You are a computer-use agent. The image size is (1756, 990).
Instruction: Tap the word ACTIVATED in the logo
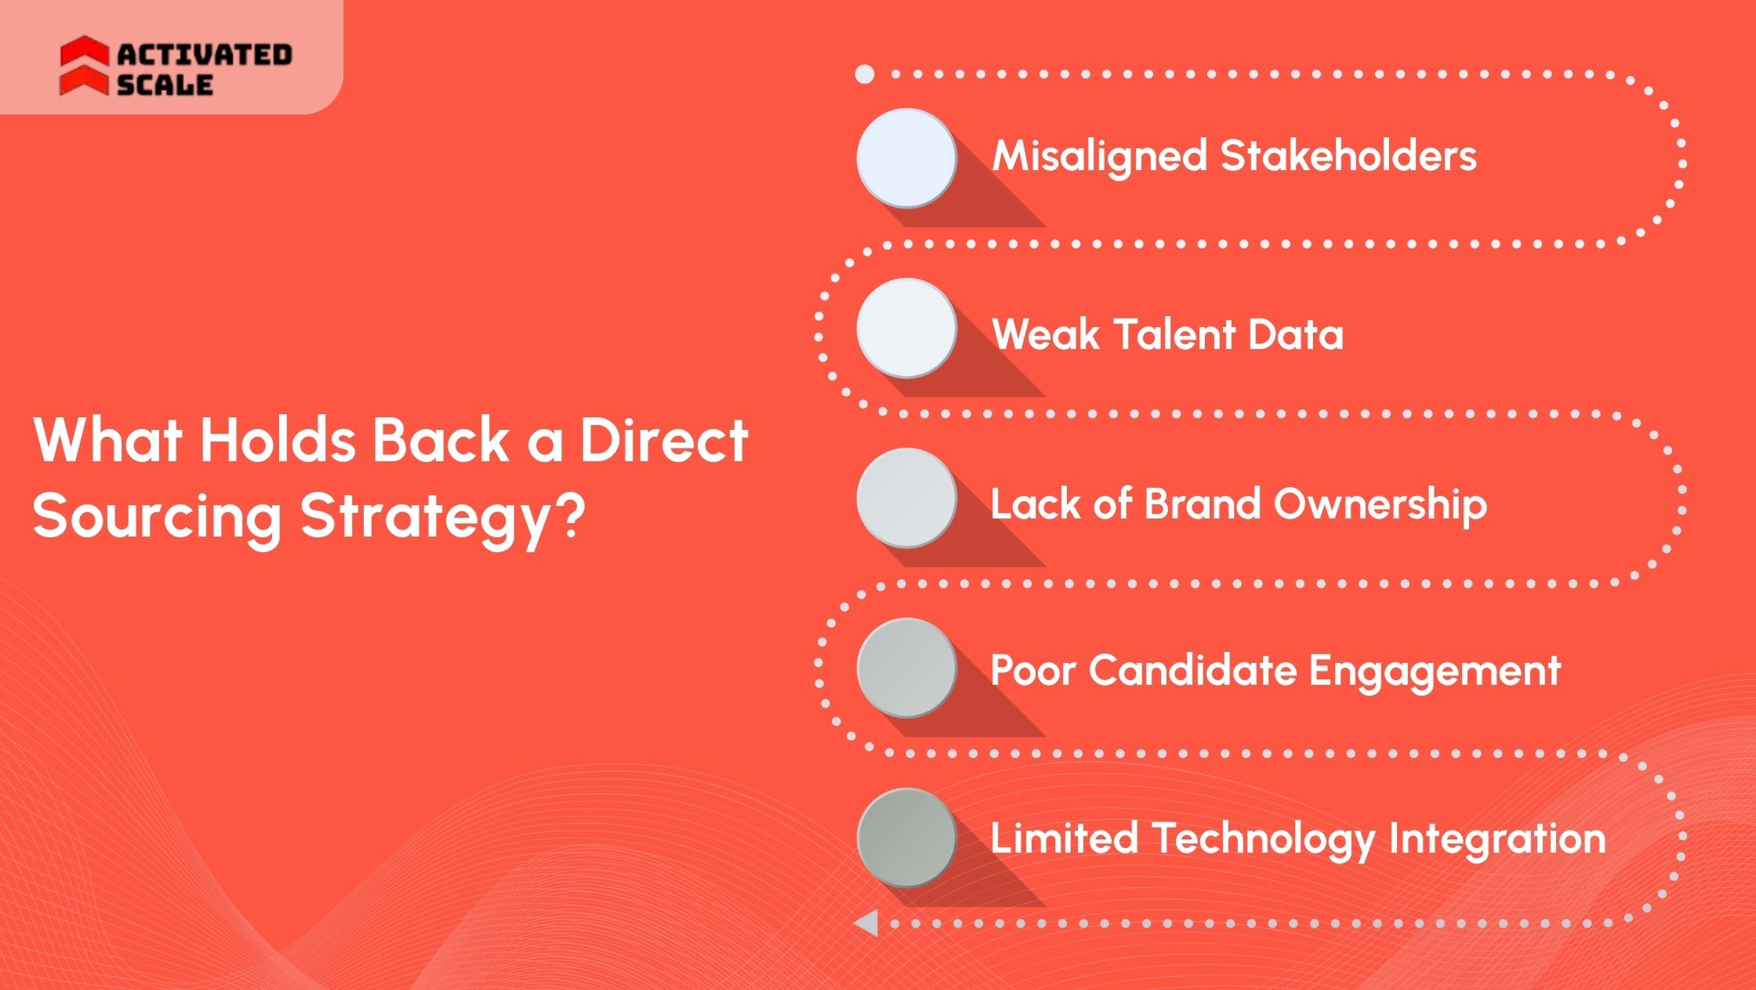[205, 54]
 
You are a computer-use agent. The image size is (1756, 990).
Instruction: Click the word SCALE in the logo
[165, 85]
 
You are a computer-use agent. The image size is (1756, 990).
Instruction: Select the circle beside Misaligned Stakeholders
[906, 158]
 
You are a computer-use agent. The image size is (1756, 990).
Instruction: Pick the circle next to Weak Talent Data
[906, 328]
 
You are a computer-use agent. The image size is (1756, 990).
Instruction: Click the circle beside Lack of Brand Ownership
[906, 498]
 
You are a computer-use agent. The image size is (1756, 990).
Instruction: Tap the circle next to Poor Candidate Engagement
[906, 668]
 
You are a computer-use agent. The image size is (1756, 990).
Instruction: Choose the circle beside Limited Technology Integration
[906, 838]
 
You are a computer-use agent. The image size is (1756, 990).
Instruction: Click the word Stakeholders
[1348, 155]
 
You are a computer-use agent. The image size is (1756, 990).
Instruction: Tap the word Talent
[1173, 334]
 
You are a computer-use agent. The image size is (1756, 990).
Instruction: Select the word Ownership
[1380, 504]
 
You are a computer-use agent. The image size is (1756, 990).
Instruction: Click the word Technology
[1262, 839]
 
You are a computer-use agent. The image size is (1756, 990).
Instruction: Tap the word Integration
[1497, 839]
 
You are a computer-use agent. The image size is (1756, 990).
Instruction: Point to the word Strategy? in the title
[443, 518]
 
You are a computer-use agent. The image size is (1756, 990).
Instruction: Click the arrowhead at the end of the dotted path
[866, 923]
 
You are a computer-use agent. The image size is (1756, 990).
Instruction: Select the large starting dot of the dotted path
[865, 75]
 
